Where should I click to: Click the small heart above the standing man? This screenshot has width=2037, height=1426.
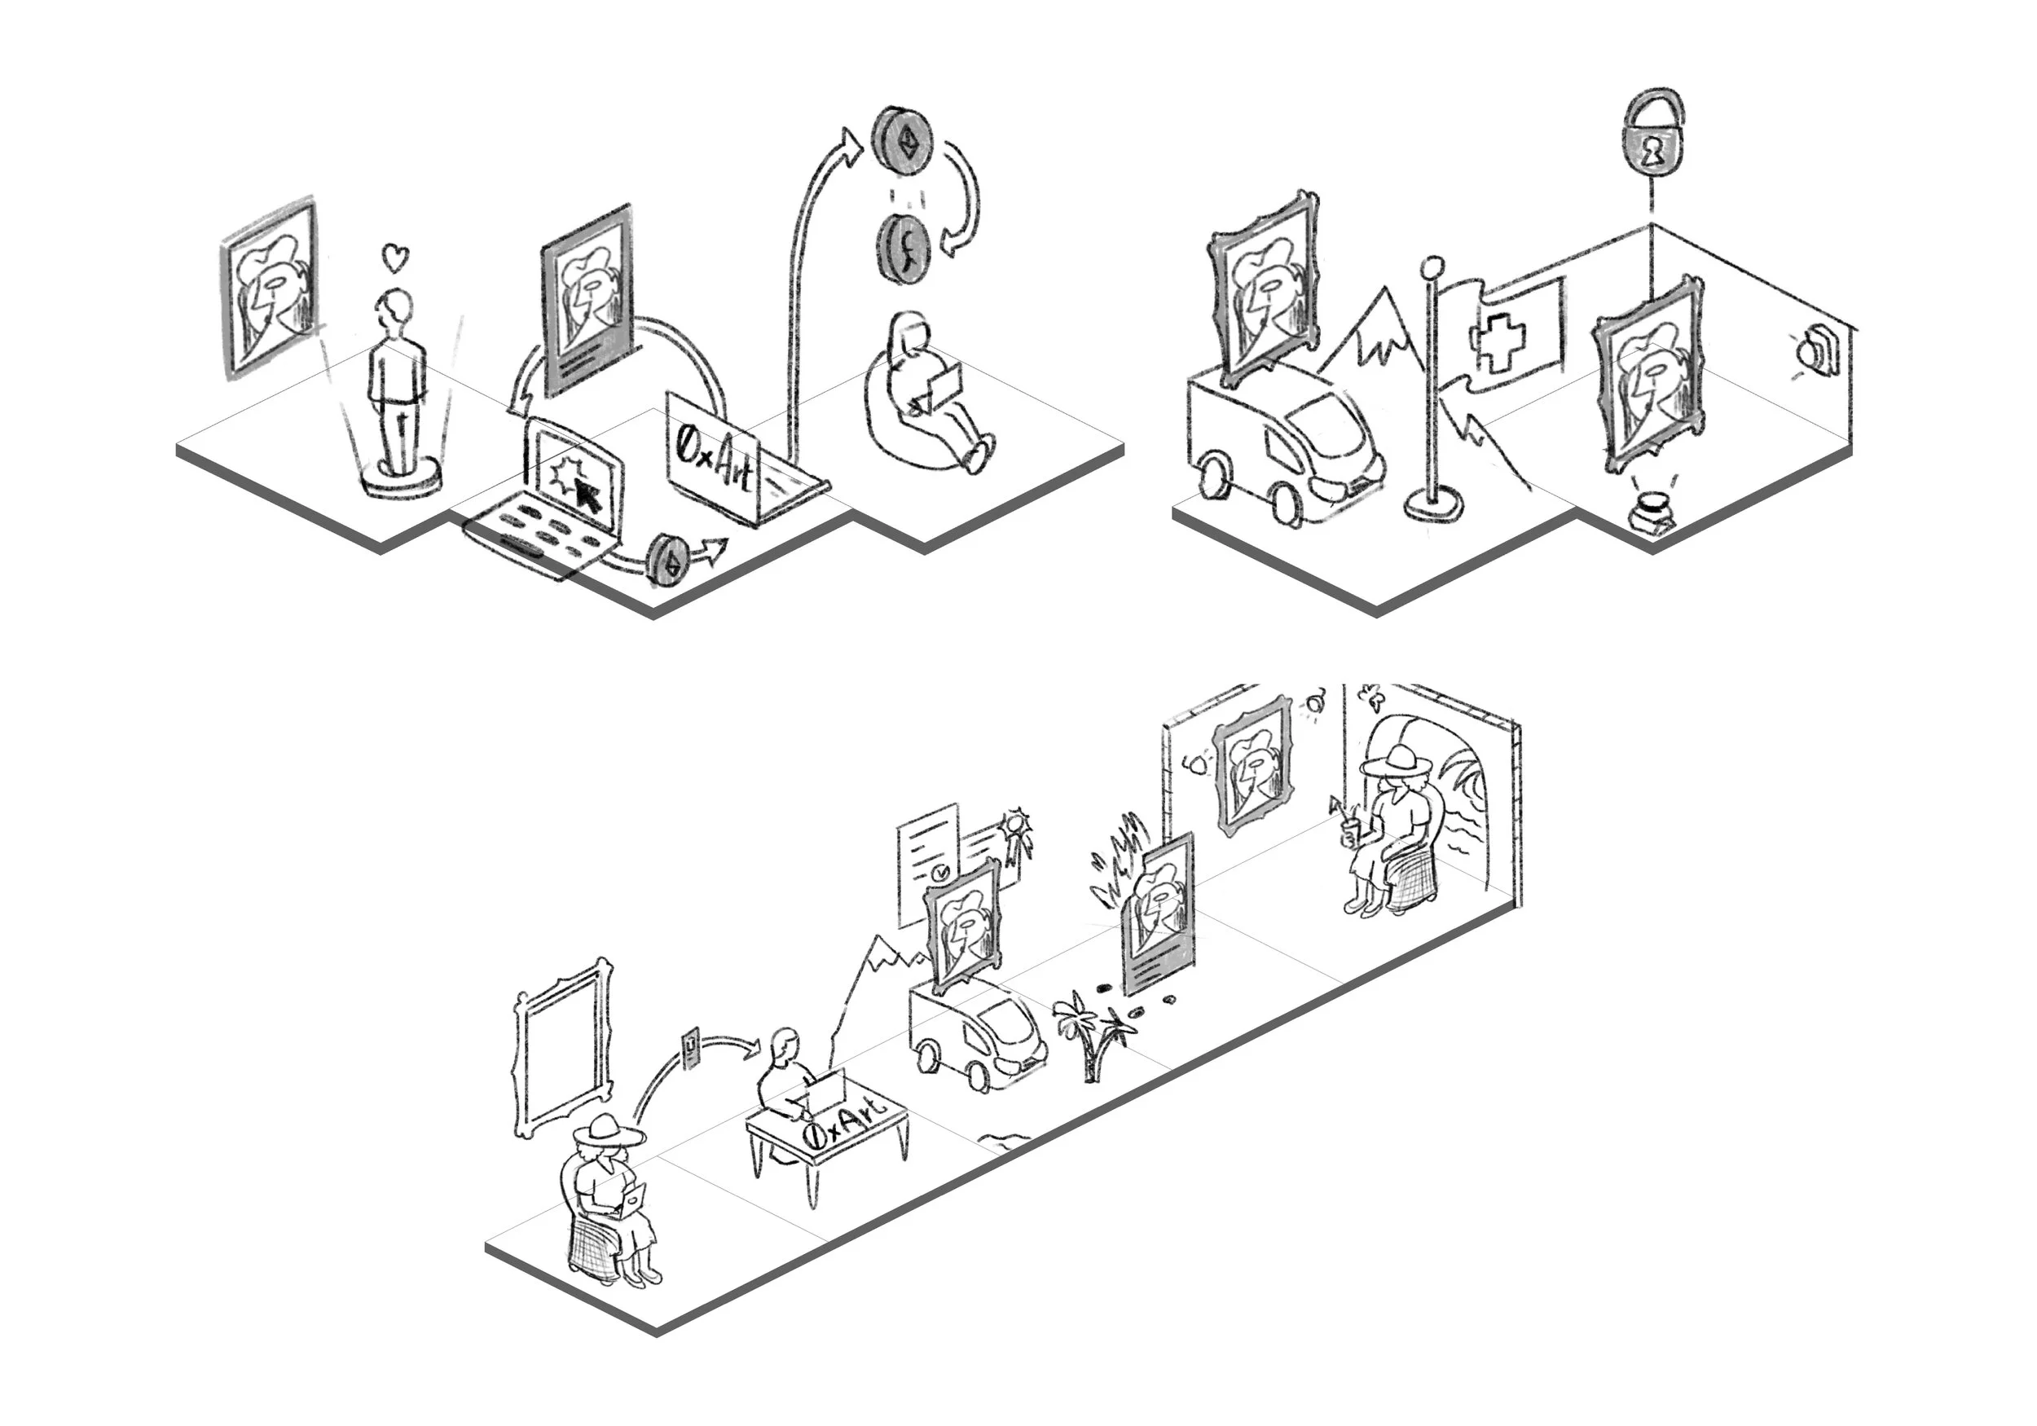(396, 258)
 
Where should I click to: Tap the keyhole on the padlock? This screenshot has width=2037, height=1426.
(1651, 152)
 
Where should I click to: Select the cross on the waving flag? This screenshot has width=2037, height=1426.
(1497, 341)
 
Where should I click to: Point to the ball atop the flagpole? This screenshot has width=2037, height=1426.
(1431, 266)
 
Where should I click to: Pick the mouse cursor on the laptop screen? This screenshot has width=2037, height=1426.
(587, 495)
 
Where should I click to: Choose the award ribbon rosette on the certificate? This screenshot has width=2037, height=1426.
(1016, 834)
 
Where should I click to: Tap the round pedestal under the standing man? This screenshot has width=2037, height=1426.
(401, 478)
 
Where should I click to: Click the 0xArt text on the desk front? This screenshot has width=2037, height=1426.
(842, 1124)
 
